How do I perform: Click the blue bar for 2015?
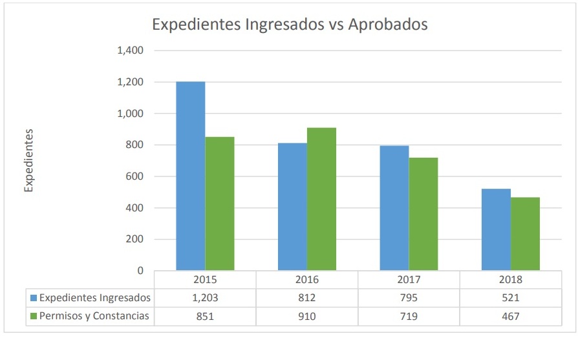point(191,176)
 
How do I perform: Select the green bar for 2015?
point(220,204)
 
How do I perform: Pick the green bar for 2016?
point(321,199)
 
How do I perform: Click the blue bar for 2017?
point(394,208)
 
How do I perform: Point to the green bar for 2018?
point(525,234)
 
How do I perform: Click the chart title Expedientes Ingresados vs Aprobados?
point(290,25)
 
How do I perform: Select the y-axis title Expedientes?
point(28,160)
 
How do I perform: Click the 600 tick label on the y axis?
point(134,176)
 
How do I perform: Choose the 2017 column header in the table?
point(409,280)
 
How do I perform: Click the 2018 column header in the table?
point(511,280)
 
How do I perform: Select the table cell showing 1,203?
point(205,298)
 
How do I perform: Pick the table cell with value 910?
point(307,316)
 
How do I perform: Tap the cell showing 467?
point(511,316)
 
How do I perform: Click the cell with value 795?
point(409,298)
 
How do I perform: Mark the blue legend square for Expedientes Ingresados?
point(34,298)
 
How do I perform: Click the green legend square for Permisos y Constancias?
point(34,316)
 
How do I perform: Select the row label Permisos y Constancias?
point(94,316)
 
